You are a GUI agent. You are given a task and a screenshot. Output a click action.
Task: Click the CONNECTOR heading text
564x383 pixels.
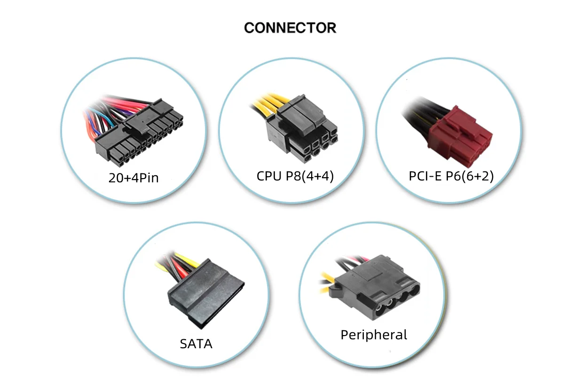[290, 28]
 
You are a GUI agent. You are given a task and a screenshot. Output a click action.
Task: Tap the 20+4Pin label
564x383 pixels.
[133, 178]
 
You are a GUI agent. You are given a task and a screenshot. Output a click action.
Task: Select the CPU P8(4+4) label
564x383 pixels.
[295, 176]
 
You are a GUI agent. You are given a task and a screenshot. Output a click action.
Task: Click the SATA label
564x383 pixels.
[196, 344]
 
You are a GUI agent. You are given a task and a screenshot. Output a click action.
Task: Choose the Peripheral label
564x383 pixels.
[374, 335]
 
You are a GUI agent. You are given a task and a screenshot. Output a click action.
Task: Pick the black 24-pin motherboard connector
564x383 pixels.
[141, 136]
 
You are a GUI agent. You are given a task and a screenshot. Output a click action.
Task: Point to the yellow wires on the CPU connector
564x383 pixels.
[266, 106]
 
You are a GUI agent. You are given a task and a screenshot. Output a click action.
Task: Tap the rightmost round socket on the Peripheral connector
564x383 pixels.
[412, 292]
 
